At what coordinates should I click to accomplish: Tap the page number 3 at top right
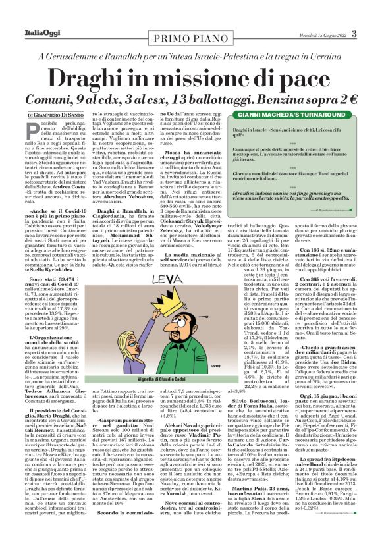(372, 34)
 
